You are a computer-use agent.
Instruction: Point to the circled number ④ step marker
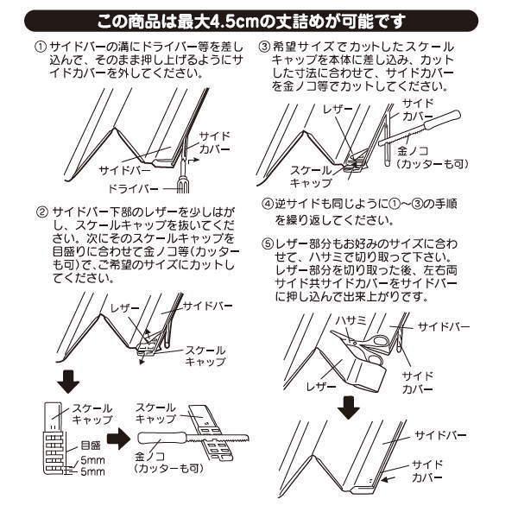click(x=267, y=205)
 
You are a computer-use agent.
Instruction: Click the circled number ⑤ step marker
click(x=267, y=241)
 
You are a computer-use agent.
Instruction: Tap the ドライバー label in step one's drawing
click(x=134, y=187)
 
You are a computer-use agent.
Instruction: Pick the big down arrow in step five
click(x=348, y=406)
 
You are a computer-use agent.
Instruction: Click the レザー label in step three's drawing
click(x=333, y=112)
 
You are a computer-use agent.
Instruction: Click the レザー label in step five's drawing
click(x=319, y=388)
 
